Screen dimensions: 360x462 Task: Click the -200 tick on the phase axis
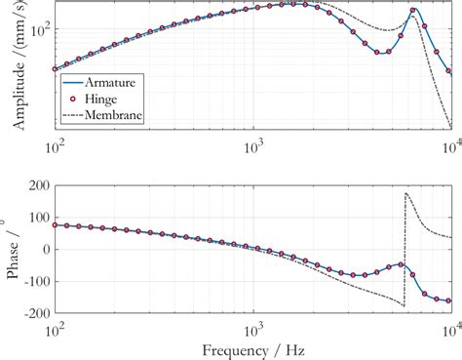pos(34,314)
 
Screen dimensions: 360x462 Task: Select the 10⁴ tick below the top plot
pos(449,143)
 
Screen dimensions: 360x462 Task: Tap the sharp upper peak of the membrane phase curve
pos(405,193)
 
